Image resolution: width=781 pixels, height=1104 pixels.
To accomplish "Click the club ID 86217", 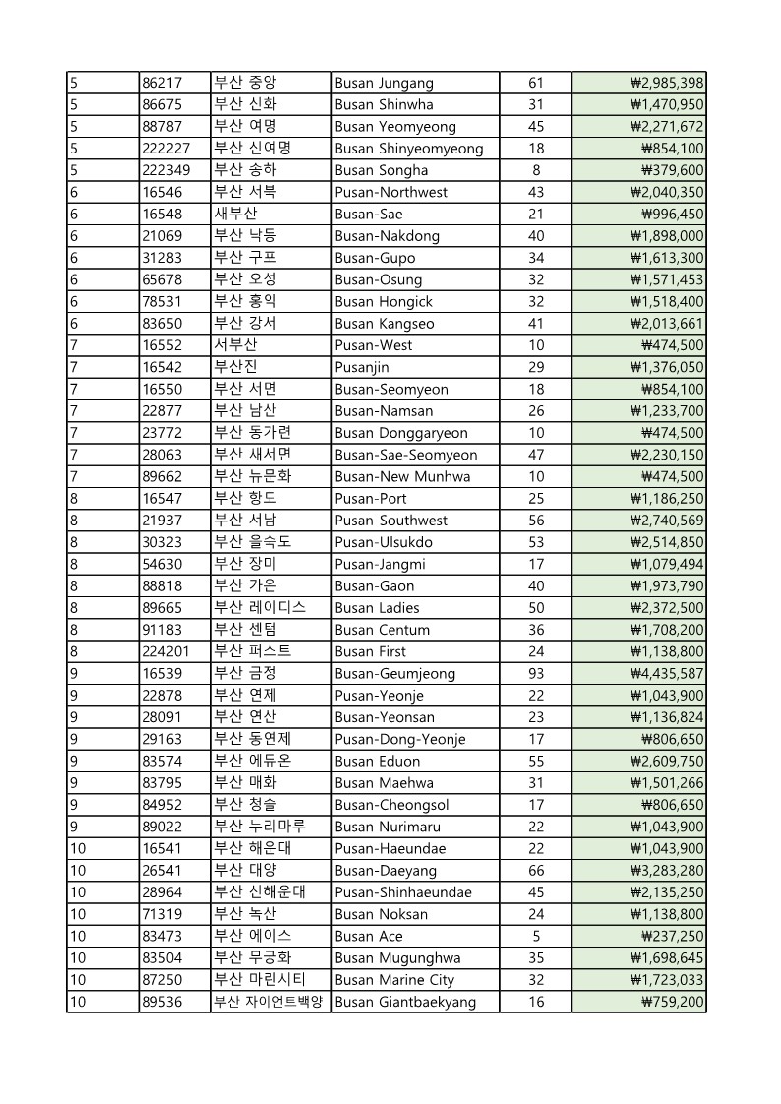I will point(161,83).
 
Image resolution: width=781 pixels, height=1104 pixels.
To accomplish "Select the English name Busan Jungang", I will point(384,83).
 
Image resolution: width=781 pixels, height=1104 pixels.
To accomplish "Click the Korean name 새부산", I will point(236,214).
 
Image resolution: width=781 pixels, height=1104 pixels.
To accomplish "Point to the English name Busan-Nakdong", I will point(388,236).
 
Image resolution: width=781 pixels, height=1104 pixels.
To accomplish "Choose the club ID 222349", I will point(166,170).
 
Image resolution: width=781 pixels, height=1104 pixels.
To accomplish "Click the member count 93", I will point(536,674).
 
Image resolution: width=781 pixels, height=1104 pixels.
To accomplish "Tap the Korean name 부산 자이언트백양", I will point(269,1002).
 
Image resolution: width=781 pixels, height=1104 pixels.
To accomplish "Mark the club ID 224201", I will point(166,651).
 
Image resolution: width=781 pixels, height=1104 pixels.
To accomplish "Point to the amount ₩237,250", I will point(673,936).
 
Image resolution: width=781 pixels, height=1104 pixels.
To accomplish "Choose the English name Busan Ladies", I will point(377,608).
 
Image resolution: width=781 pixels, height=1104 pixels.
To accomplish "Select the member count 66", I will point(536,871).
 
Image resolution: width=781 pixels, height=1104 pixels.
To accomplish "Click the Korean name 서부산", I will point(236,345).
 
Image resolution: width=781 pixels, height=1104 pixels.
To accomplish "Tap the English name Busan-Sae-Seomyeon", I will point(406,455).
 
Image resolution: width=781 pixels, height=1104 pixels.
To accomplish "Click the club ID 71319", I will point(161,914).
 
